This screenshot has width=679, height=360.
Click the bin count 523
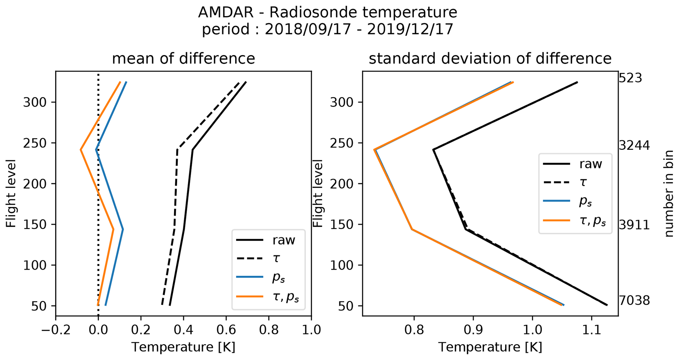pos(630,79)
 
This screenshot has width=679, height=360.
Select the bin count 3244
pos(634,146)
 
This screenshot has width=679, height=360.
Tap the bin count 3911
pos(634,225)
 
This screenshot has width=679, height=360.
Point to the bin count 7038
pos(634,301)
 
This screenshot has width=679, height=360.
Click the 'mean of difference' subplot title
pos(183,59)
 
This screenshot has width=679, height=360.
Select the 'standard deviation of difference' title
pos(490,59)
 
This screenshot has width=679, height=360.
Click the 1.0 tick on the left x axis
pos(311,329)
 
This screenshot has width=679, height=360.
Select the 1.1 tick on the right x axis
pos(592,329)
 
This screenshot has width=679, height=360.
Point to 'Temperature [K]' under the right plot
pos(490,347)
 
